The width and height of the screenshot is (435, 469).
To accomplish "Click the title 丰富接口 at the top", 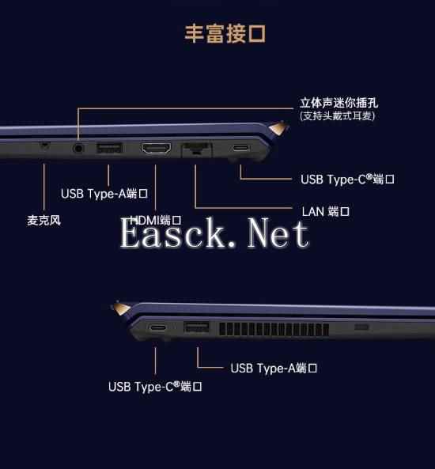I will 225,34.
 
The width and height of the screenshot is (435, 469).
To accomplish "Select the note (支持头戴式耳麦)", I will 337,116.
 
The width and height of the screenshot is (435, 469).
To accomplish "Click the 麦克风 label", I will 43,220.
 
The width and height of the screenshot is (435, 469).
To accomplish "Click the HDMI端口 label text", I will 156,220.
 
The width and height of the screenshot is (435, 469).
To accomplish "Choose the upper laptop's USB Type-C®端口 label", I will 347,180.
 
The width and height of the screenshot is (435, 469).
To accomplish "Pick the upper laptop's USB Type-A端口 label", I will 105,194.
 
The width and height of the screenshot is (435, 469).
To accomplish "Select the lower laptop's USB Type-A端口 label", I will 274,368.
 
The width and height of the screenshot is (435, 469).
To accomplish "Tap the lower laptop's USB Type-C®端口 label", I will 155,387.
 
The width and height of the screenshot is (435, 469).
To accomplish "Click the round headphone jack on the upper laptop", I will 78,148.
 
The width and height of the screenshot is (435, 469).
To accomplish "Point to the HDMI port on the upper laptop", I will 156,149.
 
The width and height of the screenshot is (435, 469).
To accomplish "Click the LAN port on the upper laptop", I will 195,149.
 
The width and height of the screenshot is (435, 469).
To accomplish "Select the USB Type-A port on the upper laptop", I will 108,148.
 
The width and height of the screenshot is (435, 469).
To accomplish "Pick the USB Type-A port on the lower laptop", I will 196,327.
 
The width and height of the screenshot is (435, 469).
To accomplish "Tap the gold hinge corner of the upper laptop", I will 277,127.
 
